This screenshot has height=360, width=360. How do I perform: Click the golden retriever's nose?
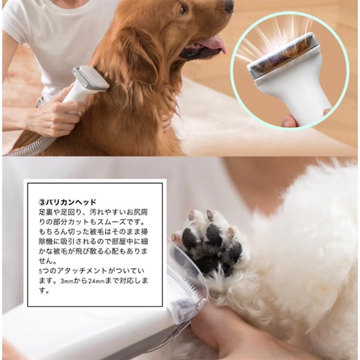click(x=229, y=6)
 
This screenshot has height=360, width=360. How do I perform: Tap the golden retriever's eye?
click(x=182, y=10)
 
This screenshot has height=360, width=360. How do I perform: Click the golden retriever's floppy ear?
click(x=138, y=58)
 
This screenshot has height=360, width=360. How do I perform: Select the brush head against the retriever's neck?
click(x=91, y=78)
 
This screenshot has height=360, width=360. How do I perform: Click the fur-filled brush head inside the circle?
click(x=283, y=58)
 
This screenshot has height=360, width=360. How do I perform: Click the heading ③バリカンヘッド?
click(x=67, y=202)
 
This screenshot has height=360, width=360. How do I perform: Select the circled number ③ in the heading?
click(x=42, y=202)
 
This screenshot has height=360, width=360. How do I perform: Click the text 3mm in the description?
click(x=67, y=281)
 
